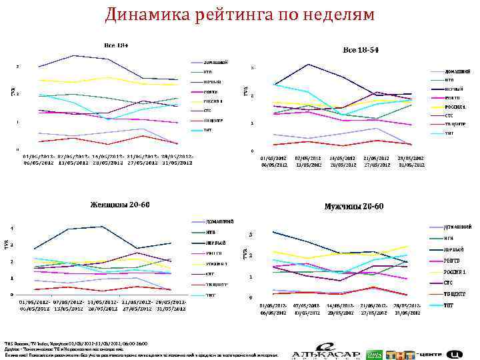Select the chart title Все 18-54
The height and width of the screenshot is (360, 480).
tap(362, 50)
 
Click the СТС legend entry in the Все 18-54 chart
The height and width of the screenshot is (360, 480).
tap(449, 115)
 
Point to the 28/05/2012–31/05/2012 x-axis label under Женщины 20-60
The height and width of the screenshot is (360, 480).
tap(172, 305)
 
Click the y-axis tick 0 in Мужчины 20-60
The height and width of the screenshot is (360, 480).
tap(250, 297)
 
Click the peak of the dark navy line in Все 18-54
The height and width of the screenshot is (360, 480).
tap(308, 64)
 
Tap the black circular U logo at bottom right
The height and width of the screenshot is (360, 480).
tap(455, 353)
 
